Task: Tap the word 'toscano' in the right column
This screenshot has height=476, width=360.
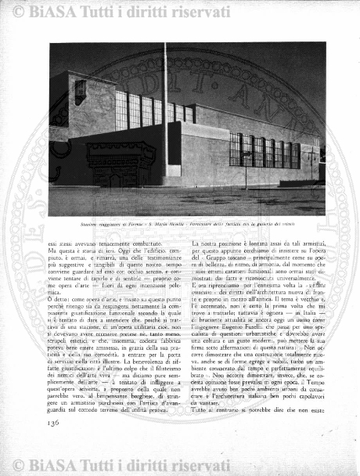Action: tap(232, 254)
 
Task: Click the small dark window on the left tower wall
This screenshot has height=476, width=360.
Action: tap(81, 90)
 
